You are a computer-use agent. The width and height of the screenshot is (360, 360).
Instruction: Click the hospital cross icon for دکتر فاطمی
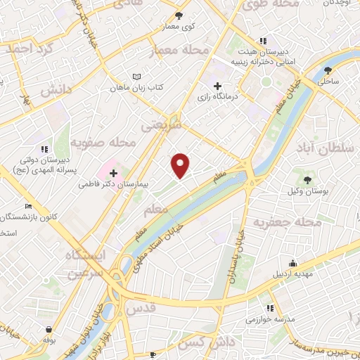(114, 172)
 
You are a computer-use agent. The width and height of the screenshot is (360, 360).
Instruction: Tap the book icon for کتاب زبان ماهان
(137, 77)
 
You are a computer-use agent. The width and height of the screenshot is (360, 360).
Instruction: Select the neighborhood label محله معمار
(180, 50)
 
